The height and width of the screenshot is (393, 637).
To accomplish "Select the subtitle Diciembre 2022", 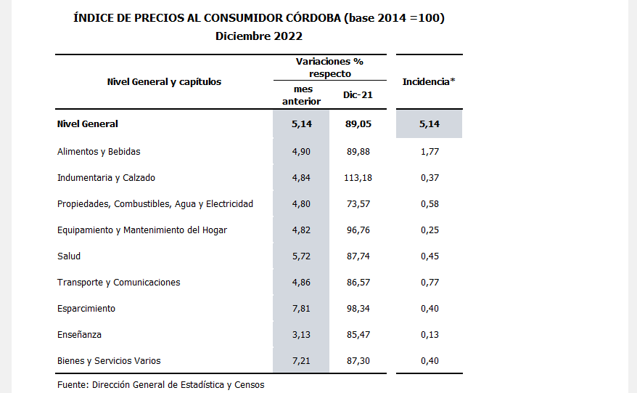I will (x=259, y=36).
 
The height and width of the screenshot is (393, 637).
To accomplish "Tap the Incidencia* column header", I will (x=429, y=82).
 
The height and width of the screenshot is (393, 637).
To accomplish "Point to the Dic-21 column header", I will (x=357, y=95).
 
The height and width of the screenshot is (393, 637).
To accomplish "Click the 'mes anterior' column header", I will (x=301, y=95).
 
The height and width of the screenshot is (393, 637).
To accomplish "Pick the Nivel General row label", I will (x=87, y=124).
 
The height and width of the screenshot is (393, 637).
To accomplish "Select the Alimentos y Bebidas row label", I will (x=99, y=152).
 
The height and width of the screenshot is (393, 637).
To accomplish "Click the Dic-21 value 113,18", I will (x=358, y=178).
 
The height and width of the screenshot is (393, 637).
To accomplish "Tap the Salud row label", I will (x=69, y=256).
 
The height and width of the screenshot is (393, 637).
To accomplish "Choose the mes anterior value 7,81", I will (x=301, y=309).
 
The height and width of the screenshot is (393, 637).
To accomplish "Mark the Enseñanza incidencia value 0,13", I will (x=429, y=335).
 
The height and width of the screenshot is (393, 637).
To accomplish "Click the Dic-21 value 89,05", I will (x=358, y=124).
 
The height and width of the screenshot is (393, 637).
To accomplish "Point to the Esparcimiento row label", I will (x=86, y=309).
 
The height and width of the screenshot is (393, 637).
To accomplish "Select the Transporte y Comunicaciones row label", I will (x=118, y=283).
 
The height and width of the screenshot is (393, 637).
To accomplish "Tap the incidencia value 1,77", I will (x=429, y=152).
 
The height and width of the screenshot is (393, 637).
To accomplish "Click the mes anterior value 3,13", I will (x=301, y=335).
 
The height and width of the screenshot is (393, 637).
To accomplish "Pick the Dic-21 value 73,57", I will (x=358, y=204).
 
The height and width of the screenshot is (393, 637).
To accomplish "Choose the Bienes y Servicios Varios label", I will (x=109, y=361).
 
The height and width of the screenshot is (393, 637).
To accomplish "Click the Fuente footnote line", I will (x=160, y=384).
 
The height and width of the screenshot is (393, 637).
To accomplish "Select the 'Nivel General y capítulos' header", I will (x=164, y=82).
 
